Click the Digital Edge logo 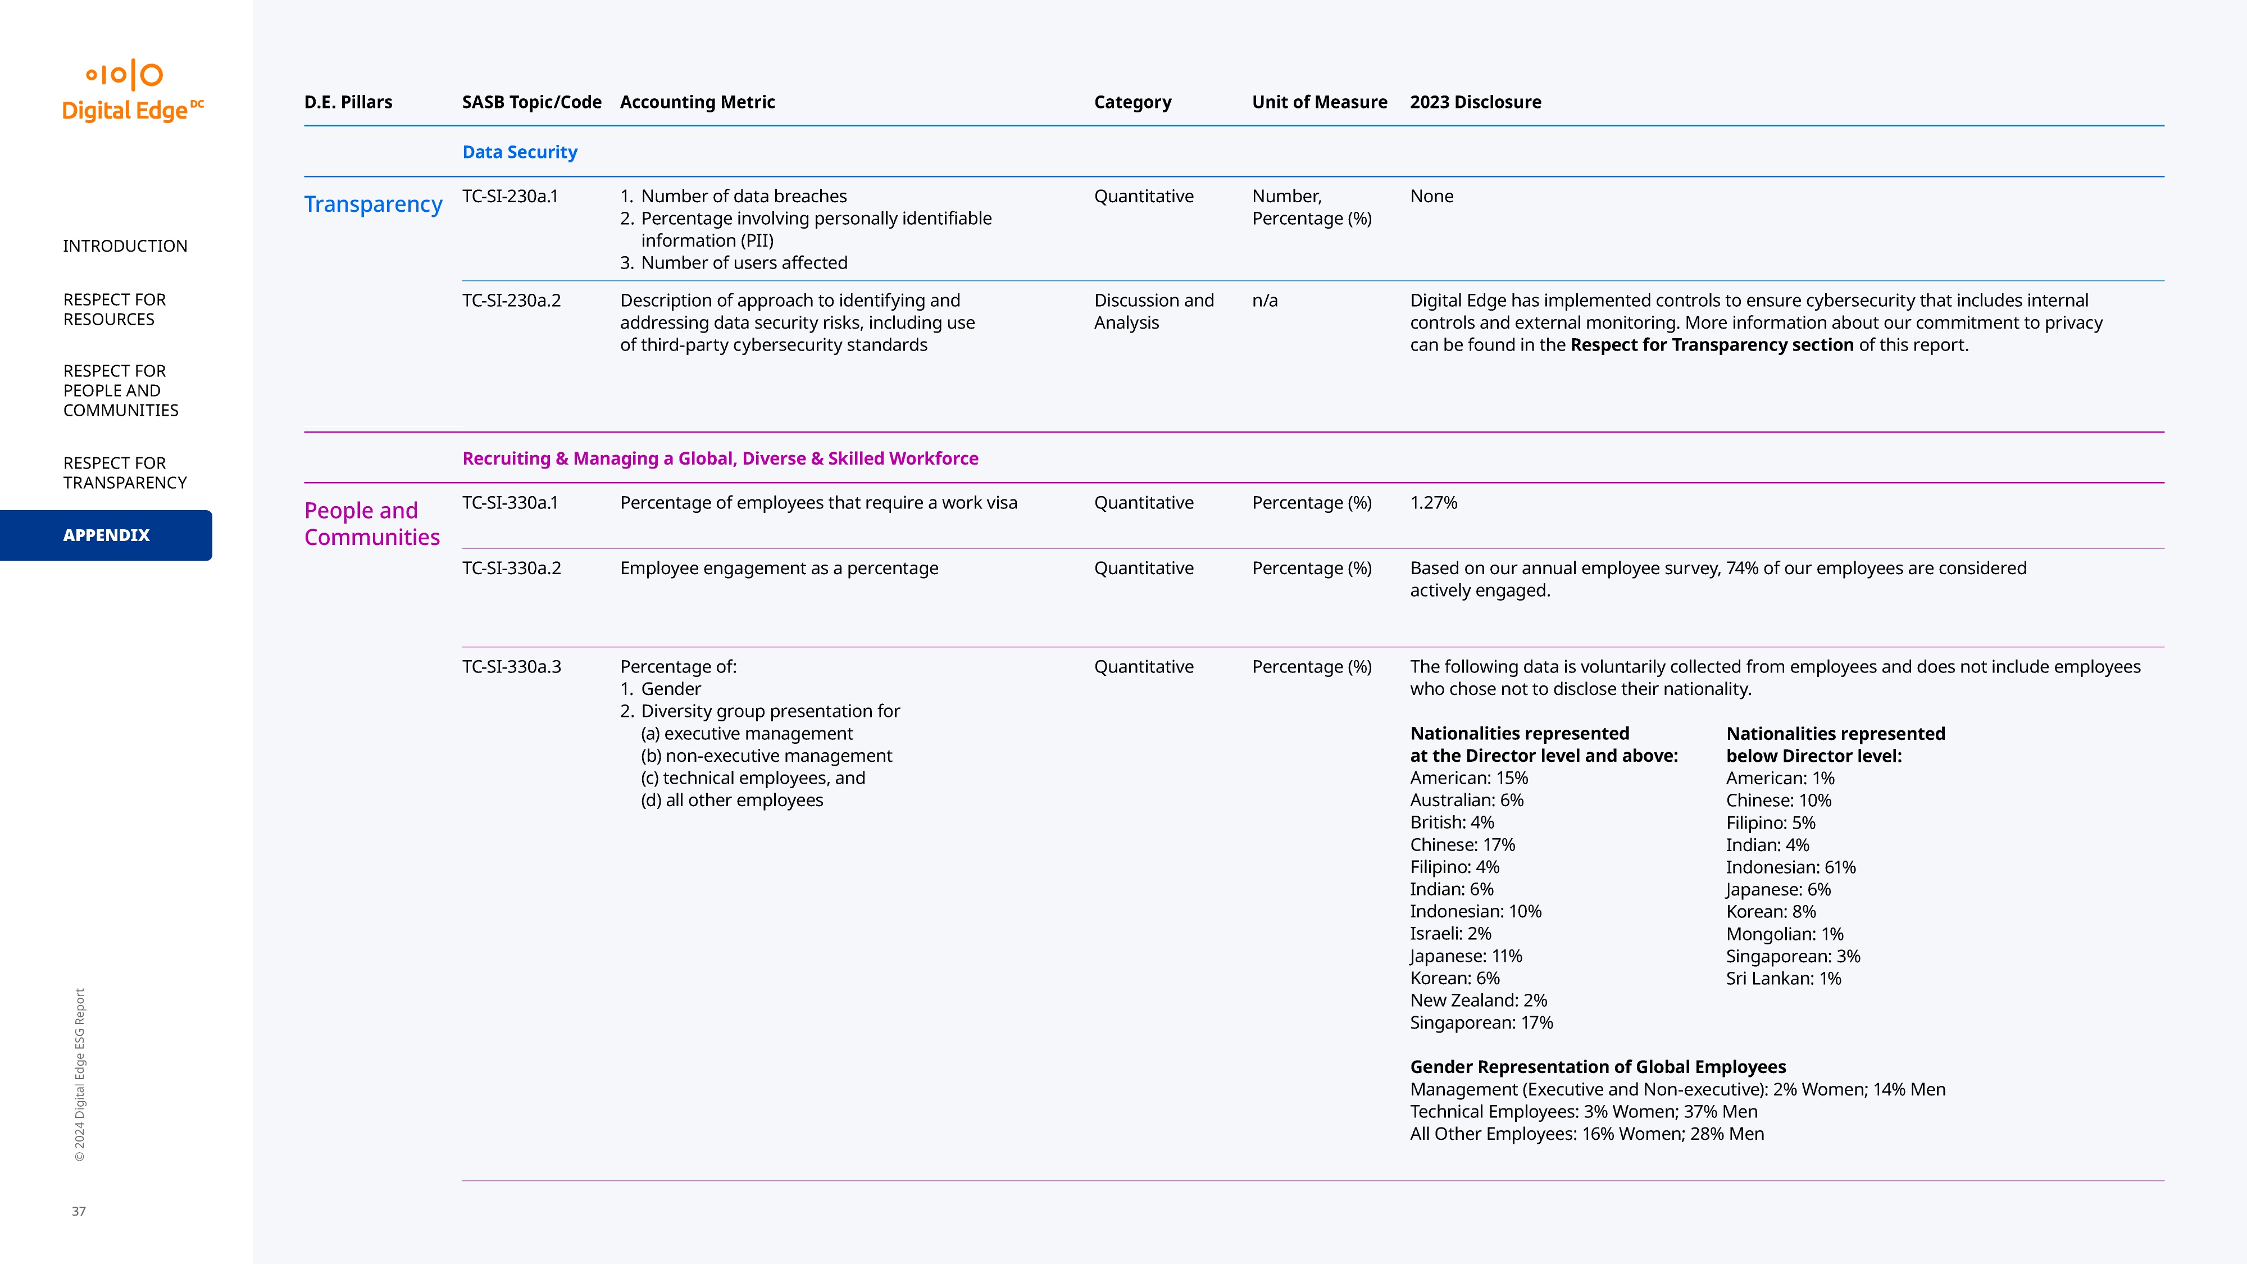[131, 90]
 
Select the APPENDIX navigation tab [106, 535]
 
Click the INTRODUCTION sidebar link [125, 246]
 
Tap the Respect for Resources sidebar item [113, 309]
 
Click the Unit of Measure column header [1319, 102]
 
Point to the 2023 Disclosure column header [1475, 102]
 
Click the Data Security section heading [519, 152]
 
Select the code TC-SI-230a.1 [510, 196]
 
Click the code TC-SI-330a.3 [511, 666]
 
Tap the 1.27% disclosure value [1433, 502]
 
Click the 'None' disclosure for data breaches [1431, 196]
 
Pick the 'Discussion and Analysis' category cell [1153, 311]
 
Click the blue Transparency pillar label [372, 204]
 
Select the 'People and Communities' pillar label [371, 524]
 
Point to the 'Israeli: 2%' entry [1450, 933]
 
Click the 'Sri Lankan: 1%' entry [1783, 978]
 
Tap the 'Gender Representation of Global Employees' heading [1597, 1067]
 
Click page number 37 [79, 1211]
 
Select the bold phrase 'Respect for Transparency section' [1712, 344]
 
